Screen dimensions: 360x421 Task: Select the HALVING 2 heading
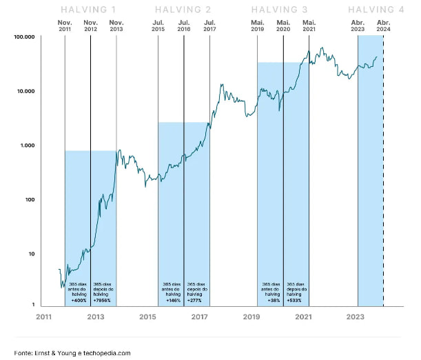(183, 10)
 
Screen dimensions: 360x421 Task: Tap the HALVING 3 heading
(280, 10)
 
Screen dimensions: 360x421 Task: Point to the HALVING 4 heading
(376, 10)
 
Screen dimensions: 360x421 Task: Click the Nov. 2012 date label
(90, 27)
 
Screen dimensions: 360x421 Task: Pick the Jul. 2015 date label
(158, 27)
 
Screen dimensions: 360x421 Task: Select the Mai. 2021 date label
(309, 27)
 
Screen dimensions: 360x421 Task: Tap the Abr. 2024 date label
(383, 27)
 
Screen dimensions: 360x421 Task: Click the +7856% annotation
(103, 300)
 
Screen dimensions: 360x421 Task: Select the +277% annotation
(196, 300)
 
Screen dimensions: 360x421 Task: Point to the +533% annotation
(296, 300)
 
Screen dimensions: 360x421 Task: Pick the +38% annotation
(270, 300)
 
